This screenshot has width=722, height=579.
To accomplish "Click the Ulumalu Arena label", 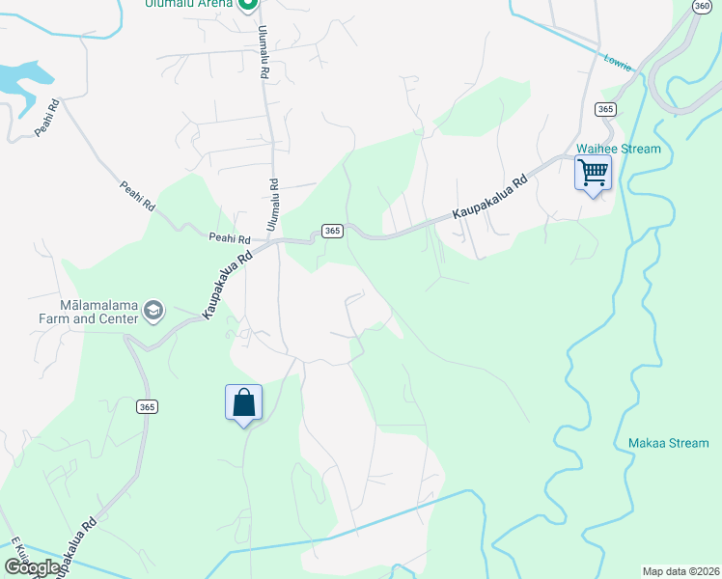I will point(188,4).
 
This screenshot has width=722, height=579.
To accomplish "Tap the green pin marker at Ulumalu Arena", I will point(247,5).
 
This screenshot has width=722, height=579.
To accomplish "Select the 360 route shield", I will point(702,6).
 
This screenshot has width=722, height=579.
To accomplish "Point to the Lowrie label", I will point(617,63).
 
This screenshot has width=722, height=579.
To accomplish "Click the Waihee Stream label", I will point(619,149).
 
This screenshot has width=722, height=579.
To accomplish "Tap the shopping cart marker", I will point(593,174).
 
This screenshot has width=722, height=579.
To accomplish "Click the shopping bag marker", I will point(243,402).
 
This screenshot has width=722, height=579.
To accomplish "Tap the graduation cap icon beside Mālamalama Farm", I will point(153,310).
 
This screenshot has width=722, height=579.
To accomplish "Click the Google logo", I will point(32,567).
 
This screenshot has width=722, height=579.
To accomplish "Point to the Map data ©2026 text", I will point(680,571).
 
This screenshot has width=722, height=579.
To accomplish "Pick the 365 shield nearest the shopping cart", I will point(605,109).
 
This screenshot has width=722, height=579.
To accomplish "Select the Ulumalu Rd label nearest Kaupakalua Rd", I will point(274,204).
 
